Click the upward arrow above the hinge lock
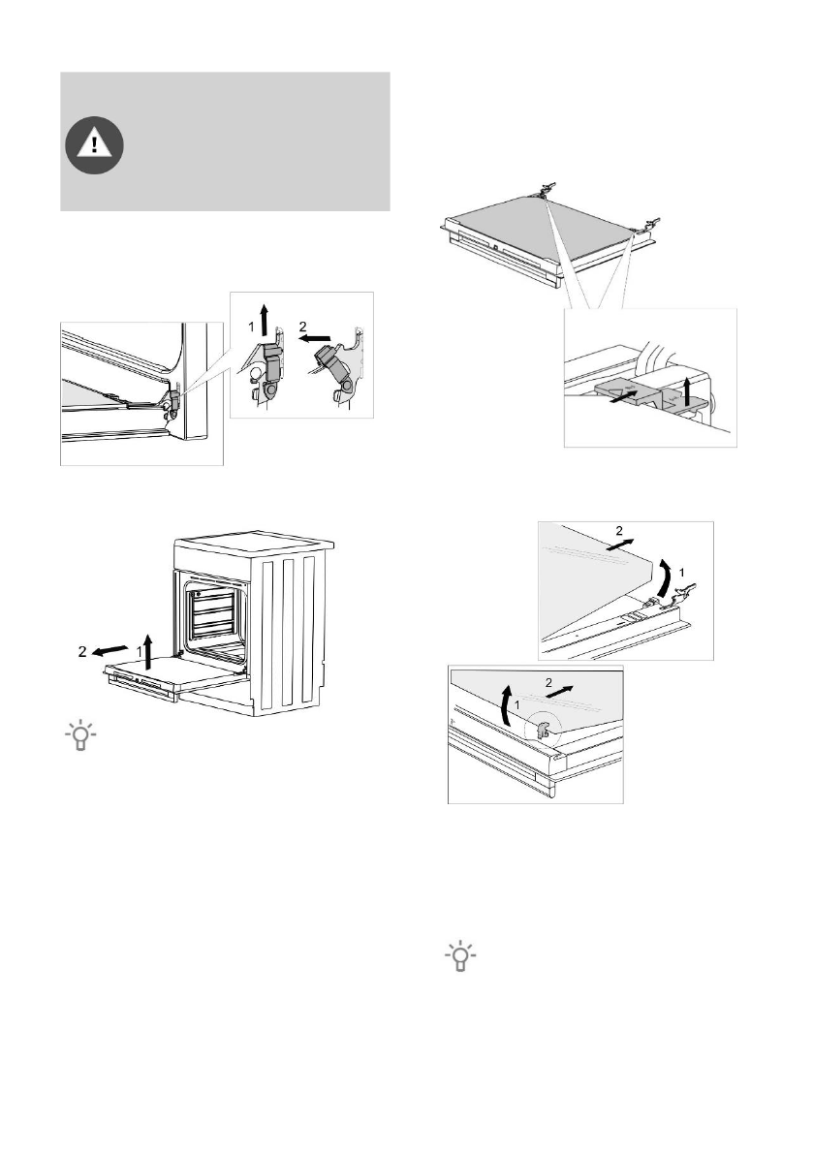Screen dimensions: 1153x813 point(271,319)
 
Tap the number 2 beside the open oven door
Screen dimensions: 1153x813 point(83,651)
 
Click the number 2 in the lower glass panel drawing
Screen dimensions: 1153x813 point(549,682)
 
